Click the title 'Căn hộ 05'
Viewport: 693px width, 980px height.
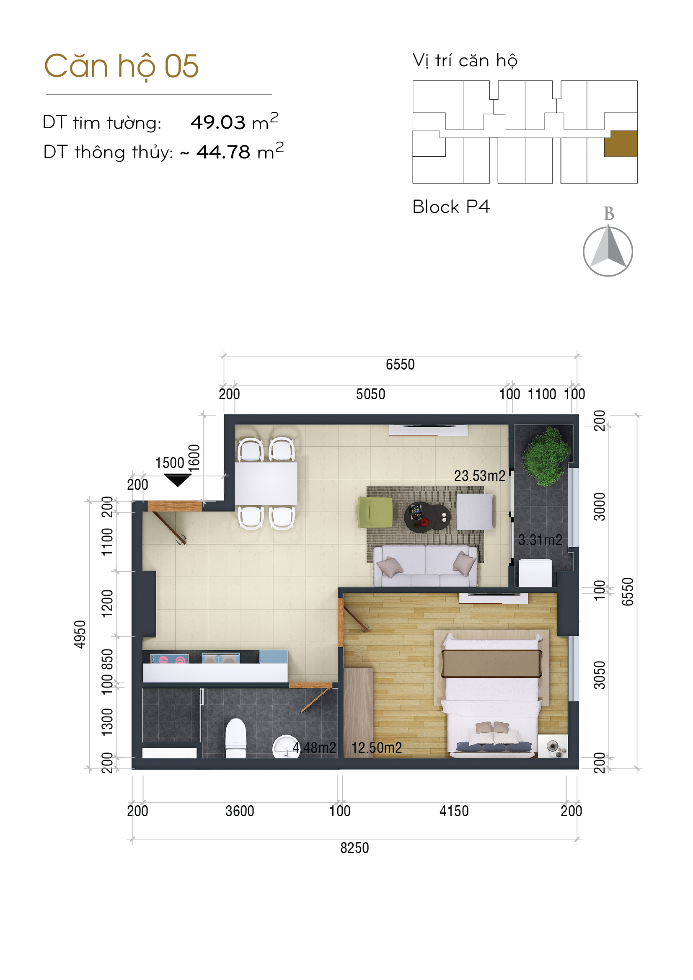[122, 67]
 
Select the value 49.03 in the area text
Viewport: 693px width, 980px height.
[217, 122]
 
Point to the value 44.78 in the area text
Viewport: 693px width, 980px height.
[223, 152]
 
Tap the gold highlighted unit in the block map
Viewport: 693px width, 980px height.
[621, 144]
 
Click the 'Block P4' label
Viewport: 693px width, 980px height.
[451, 207]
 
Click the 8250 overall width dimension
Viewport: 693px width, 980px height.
[354, 848]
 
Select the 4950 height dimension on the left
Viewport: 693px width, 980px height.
[80, 635]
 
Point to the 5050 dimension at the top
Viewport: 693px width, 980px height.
[371, 394]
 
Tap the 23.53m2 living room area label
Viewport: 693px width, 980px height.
[480, 476]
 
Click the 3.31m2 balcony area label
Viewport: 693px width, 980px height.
[540, 540]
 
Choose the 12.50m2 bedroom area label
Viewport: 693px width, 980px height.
[377, 747]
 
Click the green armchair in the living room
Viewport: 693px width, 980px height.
[375, 512]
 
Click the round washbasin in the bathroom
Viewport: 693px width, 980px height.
[286, 747]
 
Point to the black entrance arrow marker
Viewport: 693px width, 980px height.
[178, 480]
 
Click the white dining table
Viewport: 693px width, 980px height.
[266, 484]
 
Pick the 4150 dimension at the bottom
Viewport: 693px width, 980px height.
[454, 811]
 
